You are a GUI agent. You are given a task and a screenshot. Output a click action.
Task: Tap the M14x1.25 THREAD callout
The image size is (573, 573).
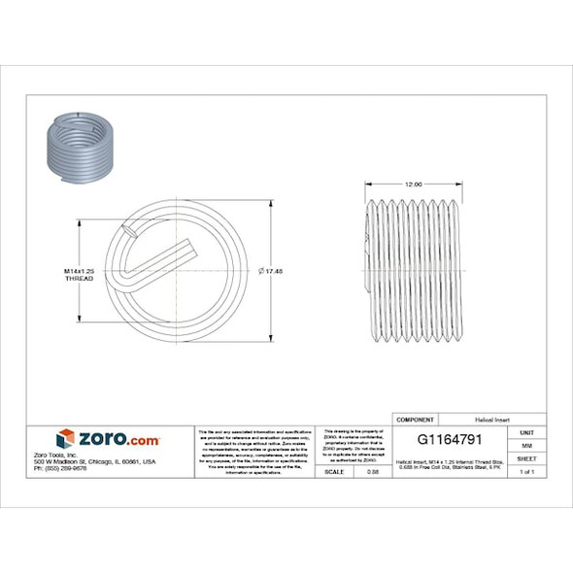tap(78, 273)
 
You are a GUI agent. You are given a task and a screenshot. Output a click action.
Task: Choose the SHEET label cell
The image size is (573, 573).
tap(526, 457)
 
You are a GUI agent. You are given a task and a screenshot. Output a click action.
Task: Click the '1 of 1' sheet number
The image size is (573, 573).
tap(526, 471)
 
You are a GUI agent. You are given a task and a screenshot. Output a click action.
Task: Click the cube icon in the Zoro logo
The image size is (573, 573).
tap(66, 439)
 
